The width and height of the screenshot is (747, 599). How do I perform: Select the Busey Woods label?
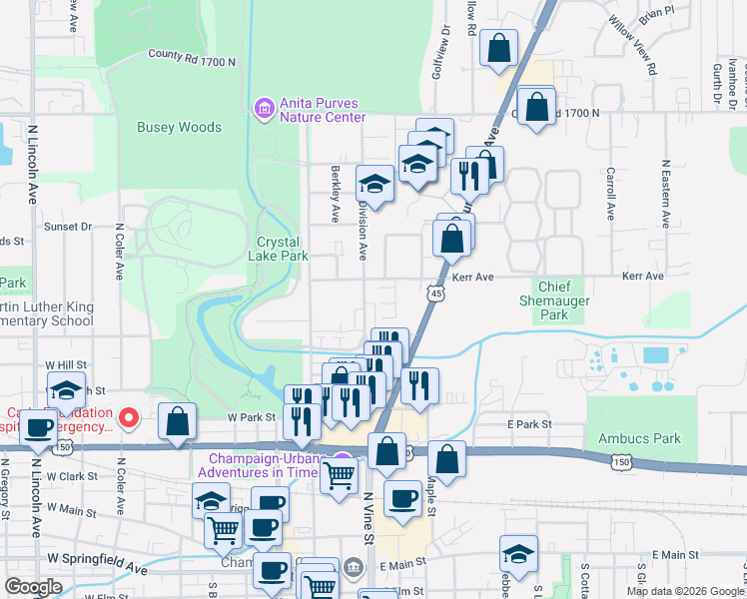179,127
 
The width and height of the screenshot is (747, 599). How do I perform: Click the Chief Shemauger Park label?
555,299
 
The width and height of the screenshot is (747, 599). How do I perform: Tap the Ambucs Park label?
639,438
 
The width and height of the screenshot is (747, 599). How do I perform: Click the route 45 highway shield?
433,293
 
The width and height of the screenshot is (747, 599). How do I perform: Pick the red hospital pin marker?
128,418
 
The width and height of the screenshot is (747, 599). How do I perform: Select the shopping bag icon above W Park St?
177,421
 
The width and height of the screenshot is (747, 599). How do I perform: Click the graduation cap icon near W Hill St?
66,390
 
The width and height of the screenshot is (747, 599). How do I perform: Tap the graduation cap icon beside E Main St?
519,553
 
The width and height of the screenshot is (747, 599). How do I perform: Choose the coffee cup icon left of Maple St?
402,497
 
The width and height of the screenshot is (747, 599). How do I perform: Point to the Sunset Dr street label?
68,227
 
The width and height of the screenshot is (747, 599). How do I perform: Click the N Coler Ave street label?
119,257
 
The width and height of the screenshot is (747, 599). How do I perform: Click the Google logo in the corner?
33,587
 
